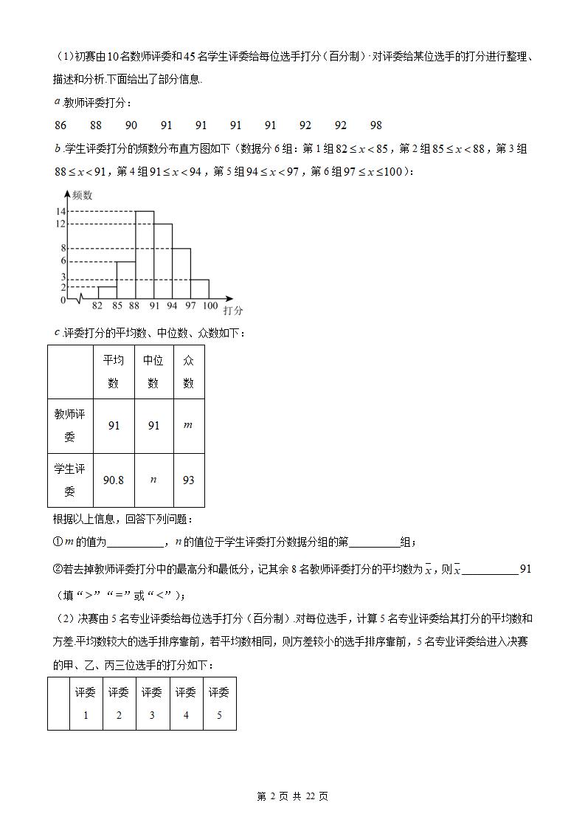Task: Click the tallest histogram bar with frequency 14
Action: [x=145, y=255]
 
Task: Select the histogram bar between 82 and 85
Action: [x=107, y=292]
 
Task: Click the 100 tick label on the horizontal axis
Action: [x=210, y=306]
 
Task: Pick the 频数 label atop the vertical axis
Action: [x=83, y=196]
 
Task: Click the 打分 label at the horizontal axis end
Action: [x=233, y=311]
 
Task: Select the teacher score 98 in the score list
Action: [x=376, y=125]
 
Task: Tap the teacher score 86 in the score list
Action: [x=60, y=125]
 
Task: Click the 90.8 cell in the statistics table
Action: [x=114, y=480]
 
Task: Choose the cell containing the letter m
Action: [x=188, y=425]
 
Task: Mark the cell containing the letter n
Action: [x=153, y=480]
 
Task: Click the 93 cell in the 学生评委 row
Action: [x=188, y=480]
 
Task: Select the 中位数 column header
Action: [x=153, y=372]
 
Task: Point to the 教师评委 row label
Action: [x=69, y=425]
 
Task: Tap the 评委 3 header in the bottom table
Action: [x=152, y=703]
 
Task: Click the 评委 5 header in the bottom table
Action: [x=219, y=703]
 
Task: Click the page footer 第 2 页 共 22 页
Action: [x=292, y=796]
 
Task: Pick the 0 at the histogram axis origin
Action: [x=63, y=300]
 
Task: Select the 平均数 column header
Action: [x=114, y=372]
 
